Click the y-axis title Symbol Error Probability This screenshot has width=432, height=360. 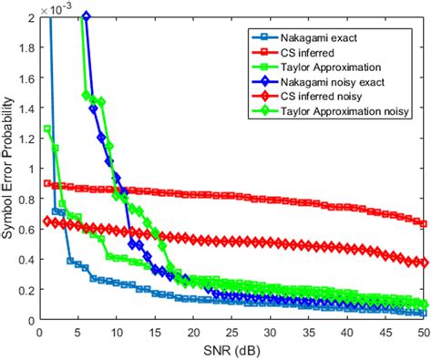tap(11, 169)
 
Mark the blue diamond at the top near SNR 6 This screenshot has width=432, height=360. tap(86, 17)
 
